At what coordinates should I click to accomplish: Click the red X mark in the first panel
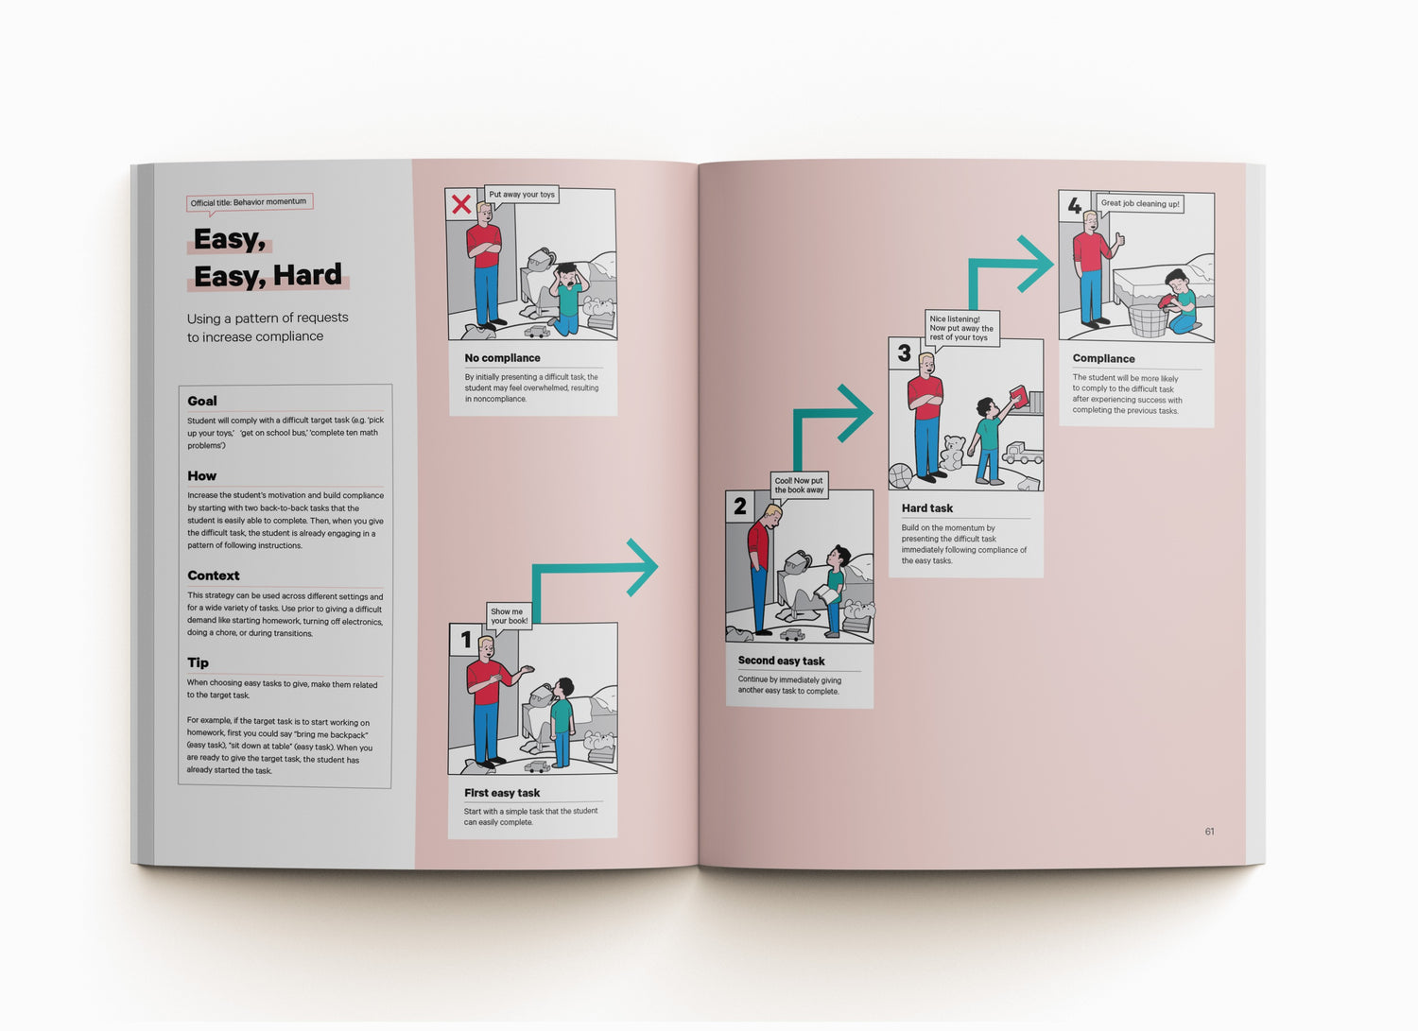[461, 204]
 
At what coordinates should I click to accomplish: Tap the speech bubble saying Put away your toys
[522, 195]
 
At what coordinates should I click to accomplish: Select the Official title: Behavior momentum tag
[249, 202]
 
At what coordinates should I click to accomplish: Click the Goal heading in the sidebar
[202, 401]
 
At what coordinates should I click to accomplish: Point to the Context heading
[214, 576]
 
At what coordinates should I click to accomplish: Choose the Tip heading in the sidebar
[198, 662]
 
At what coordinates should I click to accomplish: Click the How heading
[202, 476]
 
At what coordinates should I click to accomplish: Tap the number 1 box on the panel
[465, 641]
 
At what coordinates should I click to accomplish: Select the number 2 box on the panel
[740, 507]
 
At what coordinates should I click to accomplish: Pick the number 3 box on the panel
[904, 353]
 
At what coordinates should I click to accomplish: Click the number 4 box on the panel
[1074, 205]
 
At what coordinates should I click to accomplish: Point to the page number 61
[1209, 832]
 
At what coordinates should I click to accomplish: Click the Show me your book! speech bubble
[509, 616]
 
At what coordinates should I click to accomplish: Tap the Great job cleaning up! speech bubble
[1140, 203]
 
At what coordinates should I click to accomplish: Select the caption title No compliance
[502, 358]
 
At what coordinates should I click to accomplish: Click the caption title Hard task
[926, 508]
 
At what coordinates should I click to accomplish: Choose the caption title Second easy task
[781, 662]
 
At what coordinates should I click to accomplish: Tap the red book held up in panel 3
[1018, 395]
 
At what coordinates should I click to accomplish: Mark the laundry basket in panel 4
[1147, 319]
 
